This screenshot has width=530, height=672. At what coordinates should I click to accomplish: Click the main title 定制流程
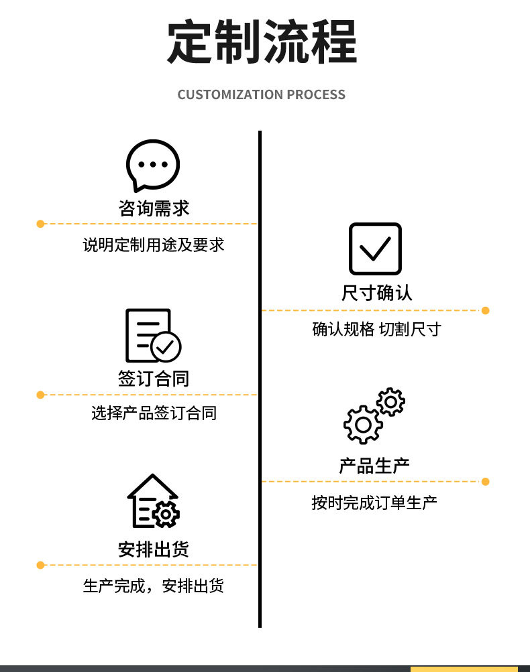pos(262,42)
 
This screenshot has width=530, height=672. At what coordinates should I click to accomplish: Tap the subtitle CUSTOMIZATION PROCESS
pos(262,94)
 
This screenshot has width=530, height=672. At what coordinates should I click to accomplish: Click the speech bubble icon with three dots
pos(153,165)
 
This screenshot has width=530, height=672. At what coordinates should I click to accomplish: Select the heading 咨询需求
pos(154,208)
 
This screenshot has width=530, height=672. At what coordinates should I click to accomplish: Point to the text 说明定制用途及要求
pos(154,245)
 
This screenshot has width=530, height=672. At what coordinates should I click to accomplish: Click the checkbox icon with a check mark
pos(375,249)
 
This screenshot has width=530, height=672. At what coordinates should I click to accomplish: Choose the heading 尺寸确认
pos(376,293)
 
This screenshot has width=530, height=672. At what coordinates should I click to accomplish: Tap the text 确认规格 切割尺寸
pos(376,329)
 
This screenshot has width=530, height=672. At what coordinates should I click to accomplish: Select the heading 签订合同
pos(154,379)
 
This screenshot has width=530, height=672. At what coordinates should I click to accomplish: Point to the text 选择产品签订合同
pos(154,413)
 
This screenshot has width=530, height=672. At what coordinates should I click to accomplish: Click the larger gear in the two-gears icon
pos(363,424)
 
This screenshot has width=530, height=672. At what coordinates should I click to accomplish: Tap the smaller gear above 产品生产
pos(390,402)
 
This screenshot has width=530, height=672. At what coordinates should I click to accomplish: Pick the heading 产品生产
pos(374,466)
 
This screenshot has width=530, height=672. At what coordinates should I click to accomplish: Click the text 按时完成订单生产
pos(374,502)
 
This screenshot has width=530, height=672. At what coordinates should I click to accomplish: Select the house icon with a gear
pos(153,502)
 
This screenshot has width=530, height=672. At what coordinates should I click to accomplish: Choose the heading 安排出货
pos(154,549)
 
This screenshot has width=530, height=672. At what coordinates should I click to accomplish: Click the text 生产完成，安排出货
pos(154,586)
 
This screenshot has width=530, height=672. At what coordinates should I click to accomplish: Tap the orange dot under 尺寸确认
pos(486,310)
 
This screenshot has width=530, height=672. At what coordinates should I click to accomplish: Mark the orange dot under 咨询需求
pos(40,224)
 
